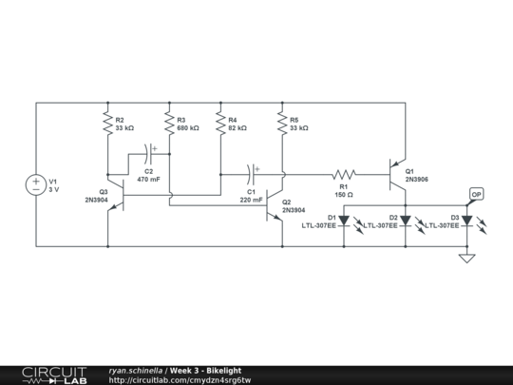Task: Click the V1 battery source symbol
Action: (35, 184)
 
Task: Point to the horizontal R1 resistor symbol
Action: (344, 174)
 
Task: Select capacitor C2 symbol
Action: (152, 149)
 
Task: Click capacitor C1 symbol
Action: (252, 174)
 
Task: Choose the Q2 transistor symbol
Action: (275, 204)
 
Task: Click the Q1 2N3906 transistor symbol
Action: (399, 174)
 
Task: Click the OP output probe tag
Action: (476, 194)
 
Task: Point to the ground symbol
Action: (466, 257)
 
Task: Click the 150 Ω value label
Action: (343, 194)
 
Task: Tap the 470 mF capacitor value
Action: (149, 179)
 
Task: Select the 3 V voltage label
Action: (54, 189)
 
